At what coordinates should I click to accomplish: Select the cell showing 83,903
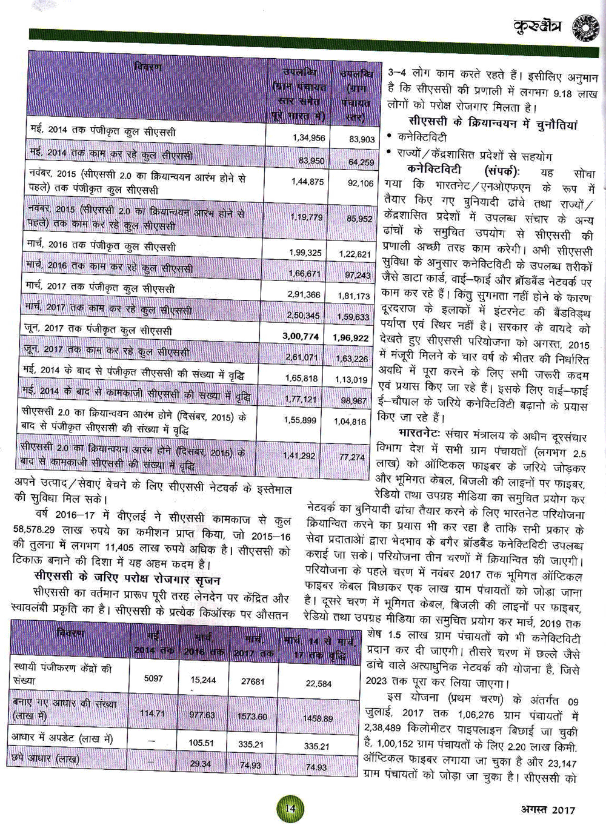coord(362,139)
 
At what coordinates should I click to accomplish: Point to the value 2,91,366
coord(304,295)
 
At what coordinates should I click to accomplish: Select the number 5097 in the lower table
coord(153,678)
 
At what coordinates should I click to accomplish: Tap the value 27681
coord(253,681)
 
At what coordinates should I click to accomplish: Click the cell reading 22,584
coord(319,684)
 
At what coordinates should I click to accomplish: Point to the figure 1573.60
coord(251,716)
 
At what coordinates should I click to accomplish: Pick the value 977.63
coord(202,715)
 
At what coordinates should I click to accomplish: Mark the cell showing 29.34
coord(200,764)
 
